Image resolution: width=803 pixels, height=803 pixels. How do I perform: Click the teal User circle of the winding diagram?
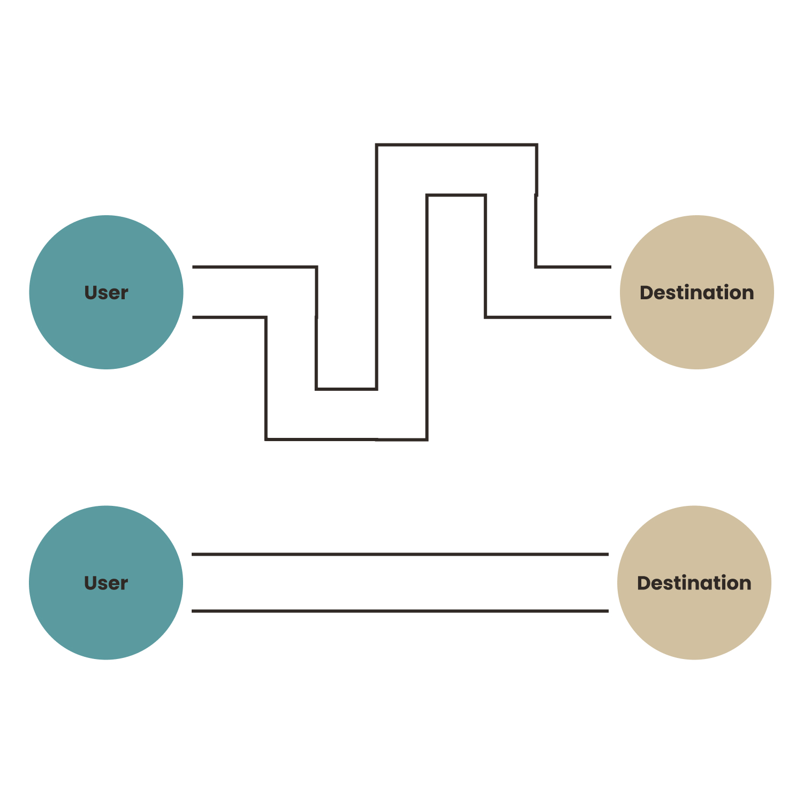[x=106, y=292]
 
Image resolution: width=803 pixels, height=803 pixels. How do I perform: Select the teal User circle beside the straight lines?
[x=106, y=582]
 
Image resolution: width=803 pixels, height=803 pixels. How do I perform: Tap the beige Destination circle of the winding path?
[x=697, y=292]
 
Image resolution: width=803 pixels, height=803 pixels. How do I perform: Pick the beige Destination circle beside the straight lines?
[x=694, y=582]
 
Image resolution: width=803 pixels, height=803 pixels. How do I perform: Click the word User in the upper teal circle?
[x=106, y=293]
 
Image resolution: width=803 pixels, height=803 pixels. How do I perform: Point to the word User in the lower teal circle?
[x=106, y=583]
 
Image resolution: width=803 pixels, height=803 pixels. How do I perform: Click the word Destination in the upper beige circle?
[x=697, y=293]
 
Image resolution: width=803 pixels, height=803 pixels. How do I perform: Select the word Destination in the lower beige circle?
[x=694, y=583]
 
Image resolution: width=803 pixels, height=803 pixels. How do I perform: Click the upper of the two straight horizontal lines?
[x=400, y=555]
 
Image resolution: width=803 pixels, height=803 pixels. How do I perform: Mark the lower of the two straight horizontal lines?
[x=400, y=611]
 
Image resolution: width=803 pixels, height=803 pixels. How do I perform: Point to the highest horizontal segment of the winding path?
[x=457, y=145]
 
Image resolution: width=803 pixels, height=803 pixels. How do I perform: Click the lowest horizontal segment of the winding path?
[x=346, y=440]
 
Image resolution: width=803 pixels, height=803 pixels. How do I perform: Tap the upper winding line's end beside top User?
[x=193, y=267]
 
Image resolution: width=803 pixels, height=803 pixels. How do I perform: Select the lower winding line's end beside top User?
[x=193, y=317]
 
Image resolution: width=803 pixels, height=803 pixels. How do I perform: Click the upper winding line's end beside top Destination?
[x=611, y=267]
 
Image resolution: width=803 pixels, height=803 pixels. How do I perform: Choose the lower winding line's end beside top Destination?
[x=611, y=317]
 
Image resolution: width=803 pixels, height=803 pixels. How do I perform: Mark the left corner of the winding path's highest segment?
[x=377, y=145]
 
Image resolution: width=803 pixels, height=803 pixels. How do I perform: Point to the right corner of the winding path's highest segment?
[x=536, y=145]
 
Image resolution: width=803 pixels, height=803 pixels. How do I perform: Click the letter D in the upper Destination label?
[x=647, y=293]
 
